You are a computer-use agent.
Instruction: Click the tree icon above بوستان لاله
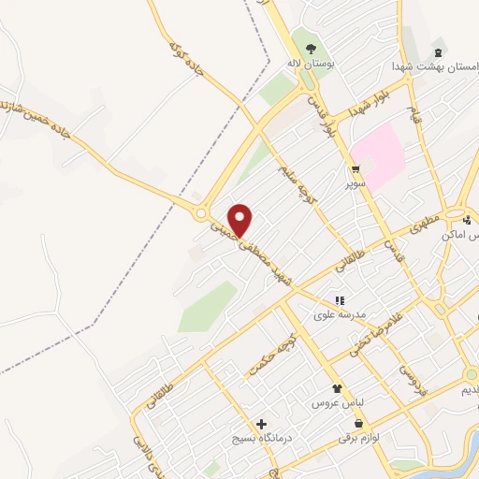point(311,50)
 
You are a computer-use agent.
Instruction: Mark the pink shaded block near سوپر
point(380,154)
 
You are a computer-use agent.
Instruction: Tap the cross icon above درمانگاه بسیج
point(261,425)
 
